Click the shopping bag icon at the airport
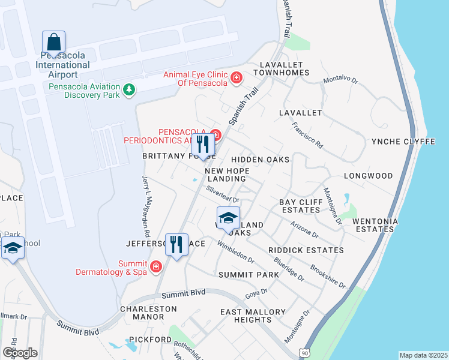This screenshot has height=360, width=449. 53,43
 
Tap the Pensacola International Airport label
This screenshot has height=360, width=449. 63,65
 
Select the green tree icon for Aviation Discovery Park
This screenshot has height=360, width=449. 128,89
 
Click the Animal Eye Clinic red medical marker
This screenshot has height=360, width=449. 237,78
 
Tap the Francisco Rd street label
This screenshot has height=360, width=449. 307,136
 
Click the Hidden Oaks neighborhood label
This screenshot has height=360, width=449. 261,160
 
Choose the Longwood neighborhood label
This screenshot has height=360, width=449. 368,176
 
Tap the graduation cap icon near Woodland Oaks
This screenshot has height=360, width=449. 228,218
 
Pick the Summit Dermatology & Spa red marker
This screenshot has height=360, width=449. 156,266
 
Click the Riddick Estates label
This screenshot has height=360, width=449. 306,250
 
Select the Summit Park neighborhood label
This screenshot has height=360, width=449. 249,275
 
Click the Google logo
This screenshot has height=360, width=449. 20,352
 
